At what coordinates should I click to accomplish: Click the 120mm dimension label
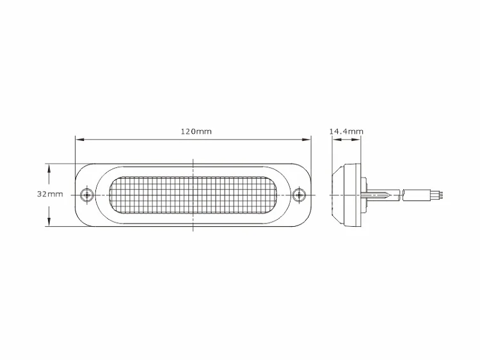(x=196, y=131)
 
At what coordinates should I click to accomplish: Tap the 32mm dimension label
(x=50, y=194)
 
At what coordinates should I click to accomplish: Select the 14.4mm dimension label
(x=346, y=131)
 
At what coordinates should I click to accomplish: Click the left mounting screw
(x=87, y=195)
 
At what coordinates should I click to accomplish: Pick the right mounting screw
(x=299, y=195)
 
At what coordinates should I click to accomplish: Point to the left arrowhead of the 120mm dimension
(x=79, y=140)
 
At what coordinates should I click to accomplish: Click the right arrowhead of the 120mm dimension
(x=307, y=140)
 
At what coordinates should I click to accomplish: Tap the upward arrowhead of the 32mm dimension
(x=49, y=168)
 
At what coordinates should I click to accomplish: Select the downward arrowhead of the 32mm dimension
(x=49, y=222)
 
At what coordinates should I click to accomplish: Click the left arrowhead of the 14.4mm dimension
(x=337, y=140)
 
